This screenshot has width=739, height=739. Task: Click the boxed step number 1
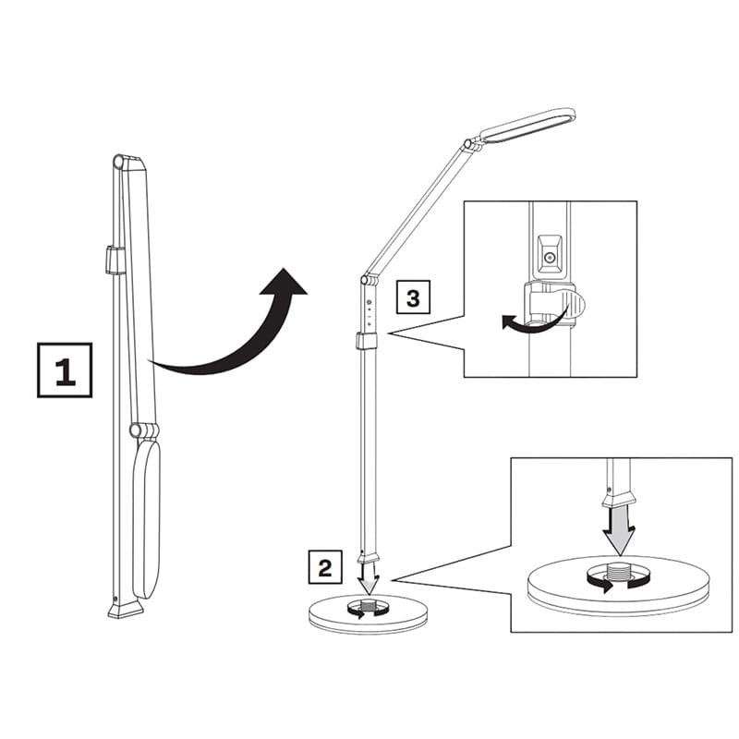tap(65, 369)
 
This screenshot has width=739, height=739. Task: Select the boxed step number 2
tap(324, 566)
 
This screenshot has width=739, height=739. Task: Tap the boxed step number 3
tap(413, 298)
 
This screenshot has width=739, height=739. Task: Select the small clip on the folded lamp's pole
tap(115, 260)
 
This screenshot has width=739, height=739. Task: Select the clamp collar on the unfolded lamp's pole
tap(367, 341)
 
